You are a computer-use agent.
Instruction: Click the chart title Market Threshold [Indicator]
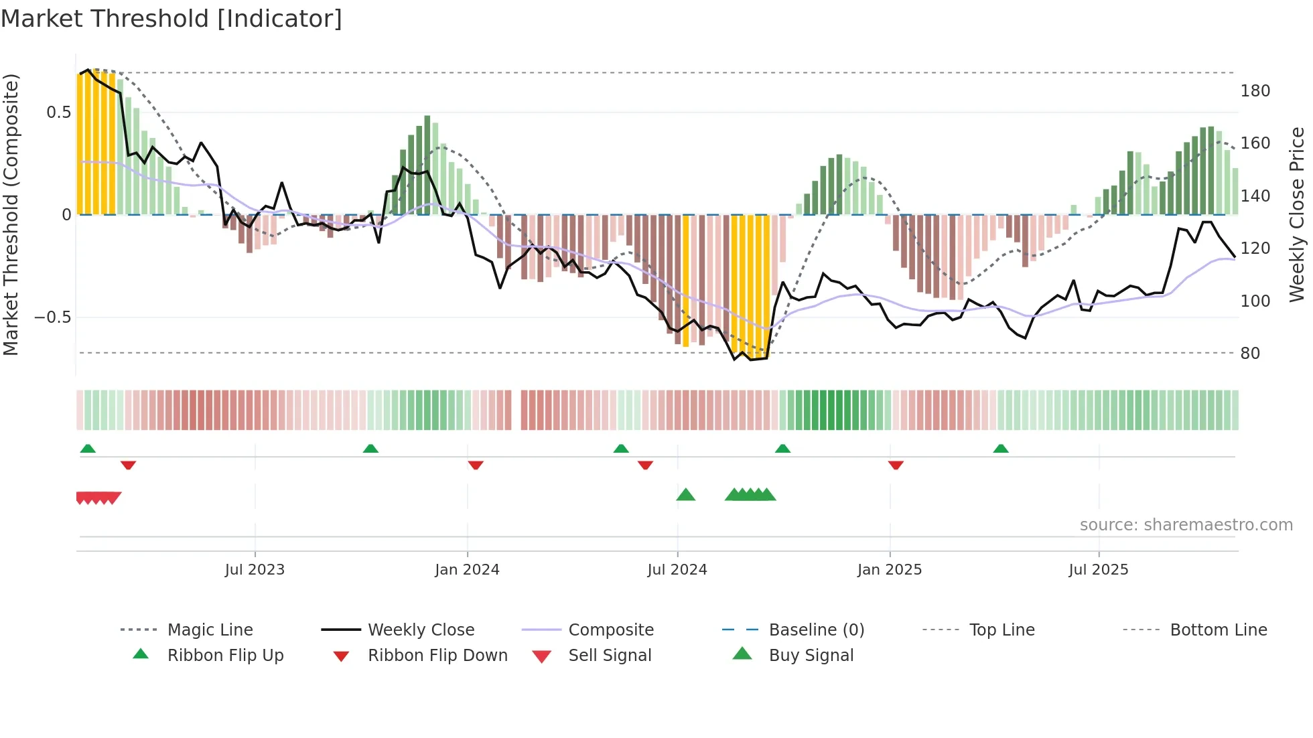(171, 19)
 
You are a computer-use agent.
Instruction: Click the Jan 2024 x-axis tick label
(467, 570)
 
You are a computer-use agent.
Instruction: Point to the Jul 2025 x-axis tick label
(1098, 570)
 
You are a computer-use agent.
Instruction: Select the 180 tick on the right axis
(1255, 91)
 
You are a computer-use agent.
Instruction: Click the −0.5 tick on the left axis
(52, 317)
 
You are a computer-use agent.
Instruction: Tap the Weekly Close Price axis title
(1297, 214)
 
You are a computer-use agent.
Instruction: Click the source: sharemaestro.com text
(1186, 525)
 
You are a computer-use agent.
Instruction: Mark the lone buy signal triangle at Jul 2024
(685, 495)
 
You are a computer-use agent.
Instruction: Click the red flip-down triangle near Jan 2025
(896, 465)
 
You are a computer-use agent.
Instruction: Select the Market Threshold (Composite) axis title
(11, 214)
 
